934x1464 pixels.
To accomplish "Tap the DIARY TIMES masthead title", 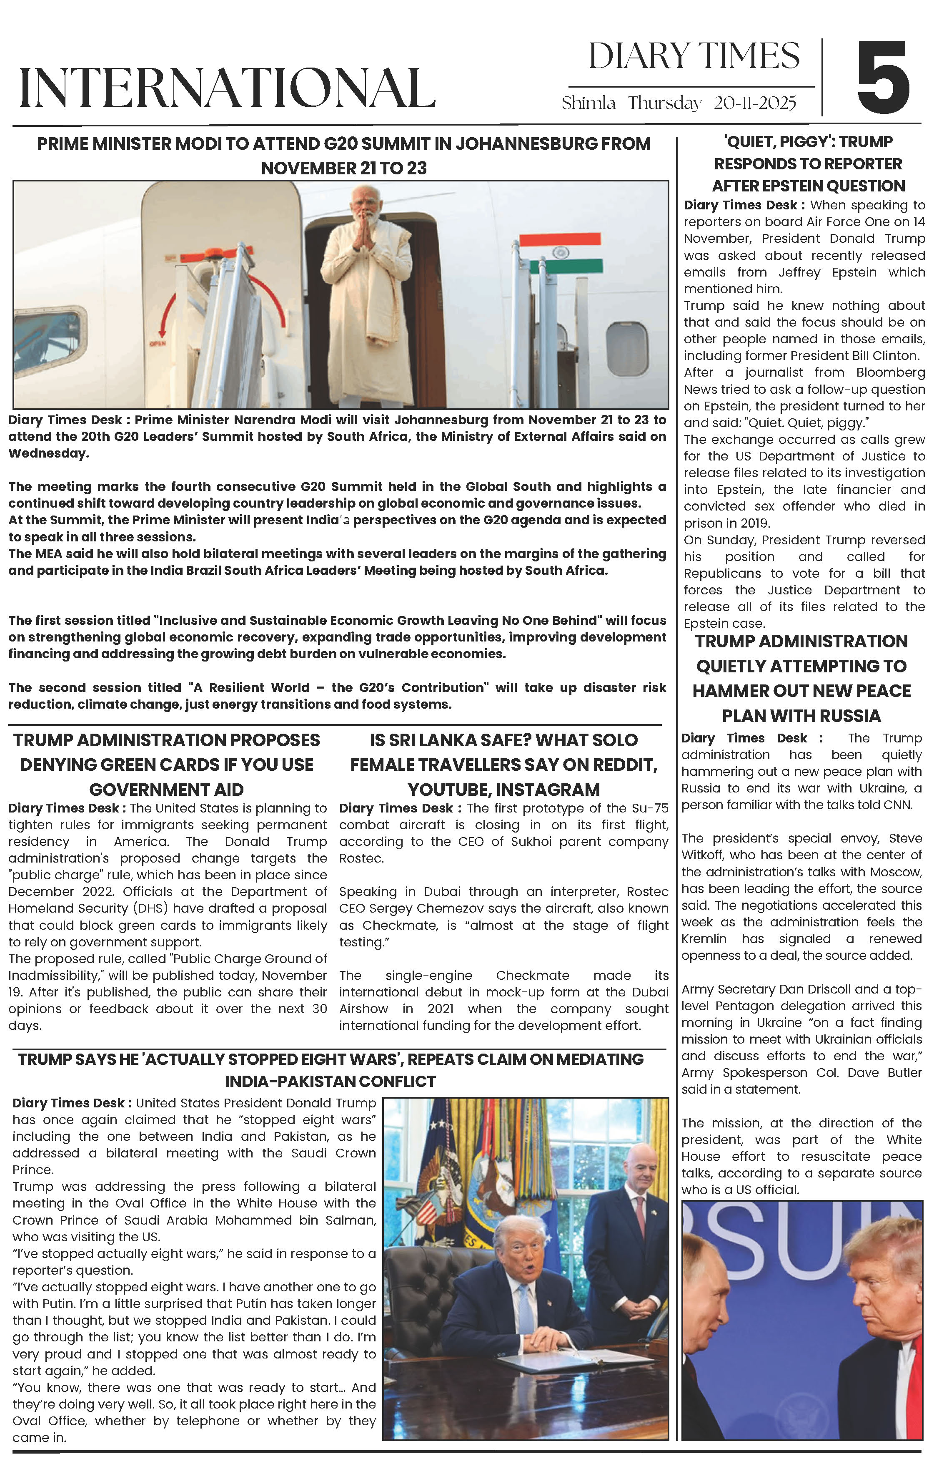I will point(694,57).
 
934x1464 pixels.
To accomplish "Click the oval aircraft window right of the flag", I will point(627,348).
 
